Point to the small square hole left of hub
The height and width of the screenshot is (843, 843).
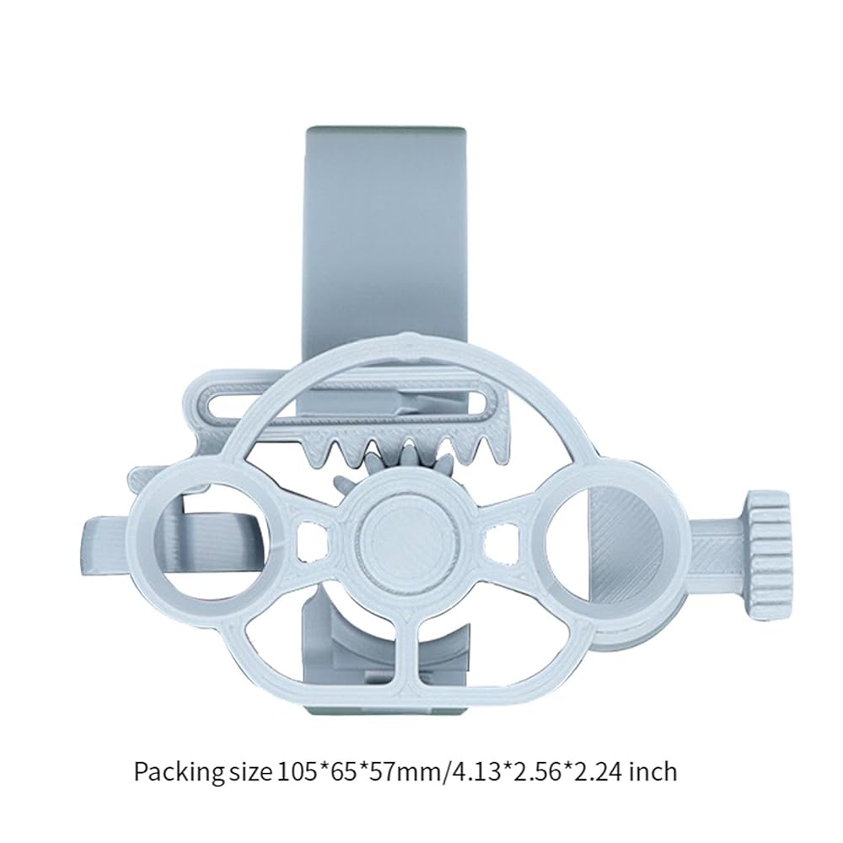313,538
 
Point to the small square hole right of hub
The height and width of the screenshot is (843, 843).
499,540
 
